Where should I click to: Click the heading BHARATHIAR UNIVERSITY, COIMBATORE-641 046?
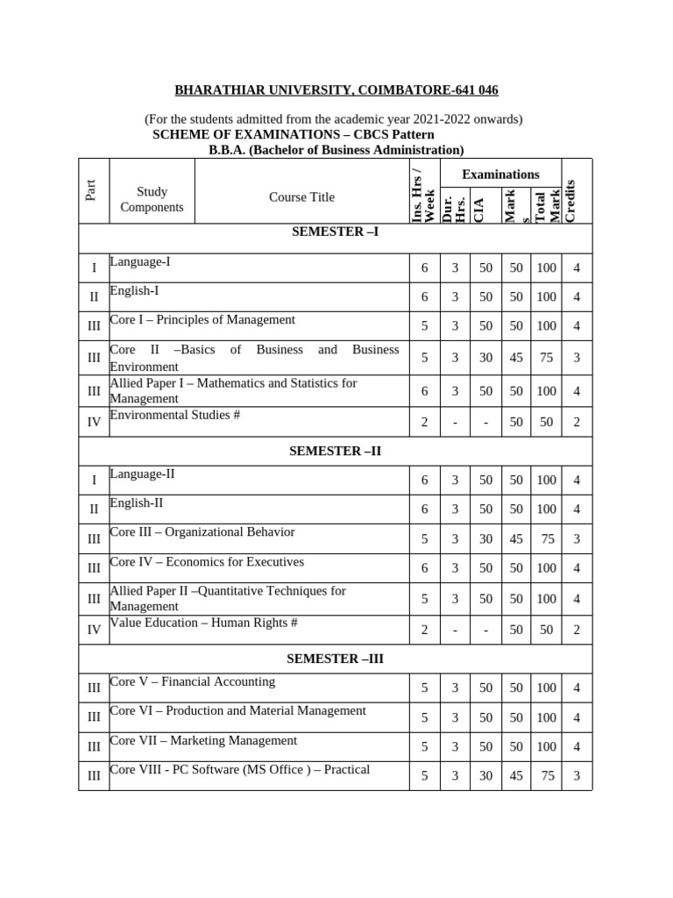point(336,89)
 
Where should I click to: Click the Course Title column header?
point(301,197)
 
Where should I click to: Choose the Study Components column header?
point(152,199)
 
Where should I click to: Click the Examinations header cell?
point(500,174)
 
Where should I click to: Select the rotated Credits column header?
point(570,201)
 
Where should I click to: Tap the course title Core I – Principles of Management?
point(202,319)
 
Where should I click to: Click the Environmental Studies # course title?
point(174,414)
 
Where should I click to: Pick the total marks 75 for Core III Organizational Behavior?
point(546,539)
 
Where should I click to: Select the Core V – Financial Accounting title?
point(192,681)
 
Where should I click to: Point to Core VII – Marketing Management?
point(203,740)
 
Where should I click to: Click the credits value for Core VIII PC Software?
point(577,776)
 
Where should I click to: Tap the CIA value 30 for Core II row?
point(485,357)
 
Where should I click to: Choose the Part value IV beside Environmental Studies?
point(94,423)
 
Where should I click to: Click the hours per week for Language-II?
point(424,481)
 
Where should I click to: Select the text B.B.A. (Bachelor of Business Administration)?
point(336,150)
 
